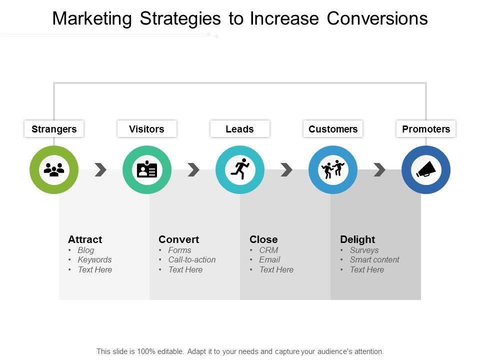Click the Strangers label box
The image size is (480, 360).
tap(54, 129)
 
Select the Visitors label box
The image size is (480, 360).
tap(147, 129)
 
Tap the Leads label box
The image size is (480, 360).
tap(240, 129)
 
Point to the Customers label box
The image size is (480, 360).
tap(333, 129)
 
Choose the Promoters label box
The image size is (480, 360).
tap(426, 129)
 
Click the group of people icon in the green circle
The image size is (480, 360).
tap(54, 169)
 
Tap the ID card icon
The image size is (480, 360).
tap(147, 169)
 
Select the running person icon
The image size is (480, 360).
tap(240, 169)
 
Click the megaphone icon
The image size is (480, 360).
tap(426, 169)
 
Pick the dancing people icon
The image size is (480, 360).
tap(333, 169)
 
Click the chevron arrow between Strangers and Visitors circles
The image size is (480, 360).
tap(100, 169)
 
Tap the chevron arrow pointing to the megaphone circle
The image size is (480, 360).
tap(379, 169)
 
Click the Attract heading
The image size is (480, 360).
tap(85, 239)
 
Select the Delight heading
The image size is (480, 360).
tap(357, 239)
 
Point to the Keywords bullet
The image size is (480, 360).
tap(94, 260)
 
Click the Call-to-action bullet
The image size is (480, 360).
tap(192, 259)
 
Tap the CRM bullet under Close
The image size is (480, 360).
tap(269, 250)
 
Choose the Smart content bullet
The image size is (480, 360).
tap(374, 259)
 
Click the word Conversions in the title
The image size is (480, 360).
tap(377, 18)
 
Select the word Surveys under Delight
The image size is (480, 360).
tap(364, 250)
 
